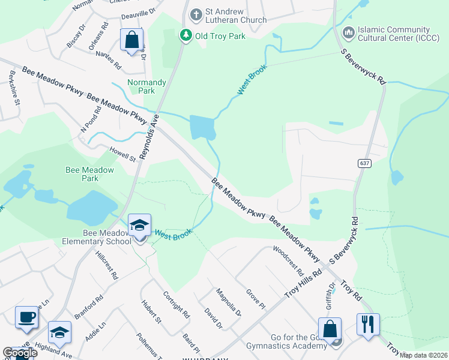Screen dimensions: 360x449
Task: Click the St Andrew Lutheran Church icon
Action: point(195,14)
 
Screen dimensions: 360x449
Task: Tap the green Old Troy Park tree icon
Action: point(187,35)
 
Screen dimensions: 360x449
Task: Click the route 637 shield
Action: point(364,163)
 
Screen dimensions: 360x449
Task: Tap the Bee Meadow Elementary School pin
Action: point(139,226)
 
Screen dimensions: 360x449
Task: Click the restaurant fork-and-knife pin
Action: point(368,325)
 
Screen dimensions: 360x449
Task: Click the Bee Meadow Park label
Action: point(89,174)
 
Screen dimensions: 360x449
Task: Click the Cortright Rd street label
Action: point(176,305)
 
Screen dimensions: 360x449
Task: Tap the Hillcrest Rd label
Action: point(106,265)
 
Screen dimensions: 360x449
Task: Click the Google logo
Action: point(20,353)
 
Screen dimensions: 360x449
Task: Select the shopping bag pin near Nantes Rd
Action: point(131,41)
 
